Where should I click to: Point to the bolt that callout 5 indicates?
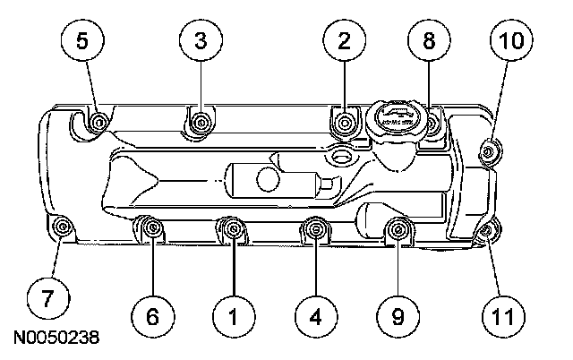coord(98,122)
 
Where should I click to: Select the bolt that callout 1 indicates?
coord(233,231)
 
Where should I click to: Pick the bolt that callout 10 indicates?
coord(489,150)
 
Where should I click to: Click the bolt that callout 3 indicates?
coord(202,119)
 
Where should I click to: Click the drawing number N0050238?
coord(55,340)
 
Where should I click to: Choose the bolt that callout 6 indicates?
coord(152,231)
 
